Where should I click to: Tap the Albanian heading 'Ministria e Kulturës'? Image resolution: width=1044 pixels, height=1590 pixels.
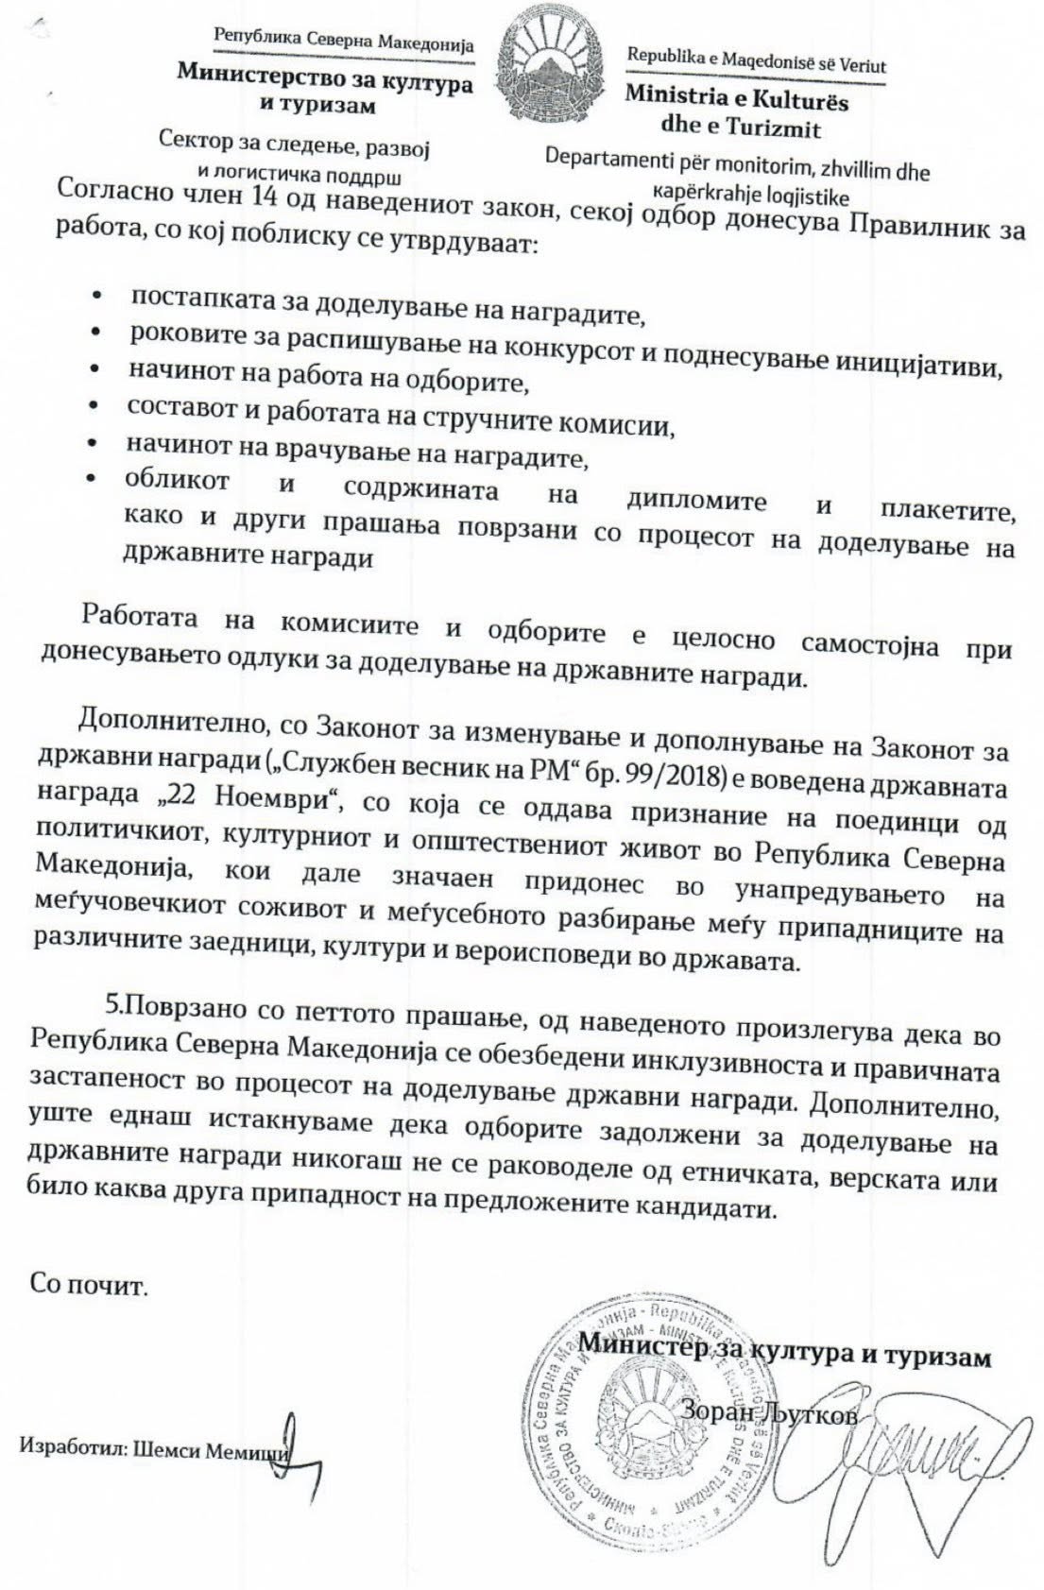coord(736,100)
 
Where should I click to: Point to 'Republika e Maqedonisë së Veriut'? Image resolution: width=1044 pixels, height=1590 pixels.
coord(757,61)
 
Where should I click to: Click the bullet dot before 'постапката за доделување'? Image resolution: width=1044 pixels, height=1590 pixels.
coord(96,298)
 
